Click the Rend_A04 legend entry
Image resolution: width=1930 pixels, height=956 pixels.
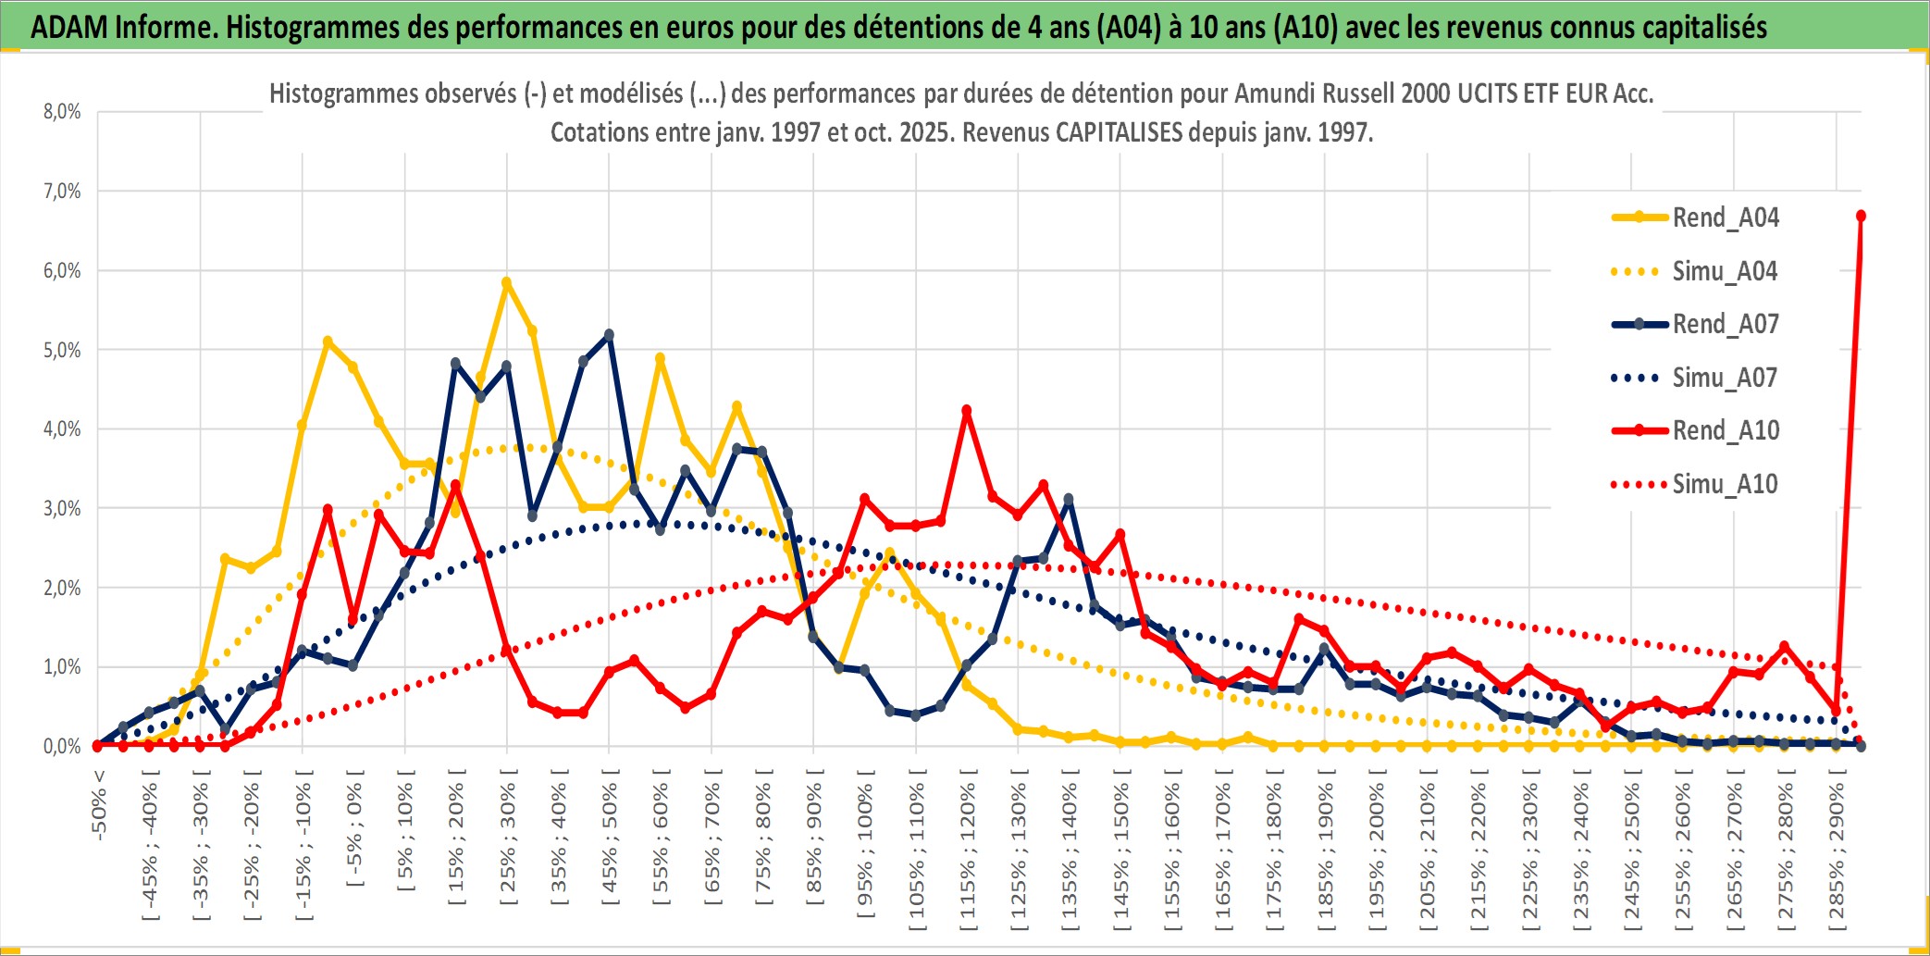point(1725,217)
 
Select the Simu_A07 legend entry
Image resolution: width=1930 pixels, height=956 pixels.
point(1725,378)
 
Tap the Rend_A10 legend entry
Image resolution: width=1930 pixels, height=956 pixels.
point(1725,430)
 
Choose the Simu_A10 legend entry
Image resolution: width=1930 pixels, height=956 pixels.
point(1725,484)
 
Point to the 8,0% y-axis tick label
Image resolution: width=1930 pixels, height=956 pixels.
point(62,112)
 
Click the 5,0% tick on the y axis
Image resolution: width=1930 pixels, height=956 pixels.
point(62,350)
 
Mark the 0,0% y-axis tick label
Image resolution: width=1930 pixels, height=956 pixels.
point(62,746)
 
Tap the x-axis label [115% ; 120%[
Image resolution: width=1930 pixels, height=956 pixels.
point(968,851)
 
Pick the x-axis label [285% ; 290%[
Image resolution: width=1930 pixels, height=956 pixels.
point(1837,851)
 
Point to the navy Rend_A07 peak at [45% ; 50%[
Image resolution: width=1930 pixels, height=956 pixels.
point(609,335)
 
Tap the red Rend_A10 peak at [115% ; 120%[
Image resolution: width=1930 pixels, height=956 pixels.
point(967,410)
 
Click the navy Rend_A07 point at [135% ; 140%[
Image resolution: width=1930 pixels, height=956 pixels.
point(1069,500)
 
